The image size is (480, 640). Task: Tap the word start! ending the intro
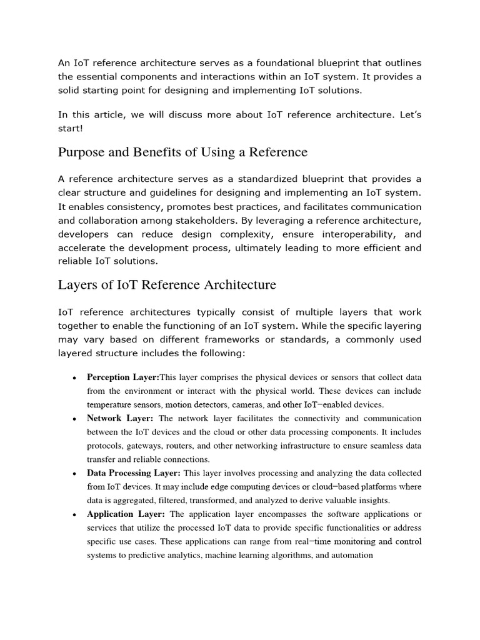click(71, 128)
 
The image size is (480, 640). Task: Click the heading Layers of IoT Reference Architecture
click(167, 285)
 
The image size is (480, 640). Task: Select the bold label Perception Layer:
click(124, 377)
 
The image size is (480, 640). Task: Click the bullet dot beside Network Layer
click(75, 419)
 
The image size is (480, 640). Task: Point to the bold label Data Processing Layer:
click(134, 473)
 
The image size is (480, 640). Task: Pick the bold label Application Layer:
click(126, 514)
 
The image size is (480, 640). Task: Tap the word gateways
click(147, 446)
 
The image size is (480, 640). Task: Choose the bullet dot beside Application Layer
click(75, 515)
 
